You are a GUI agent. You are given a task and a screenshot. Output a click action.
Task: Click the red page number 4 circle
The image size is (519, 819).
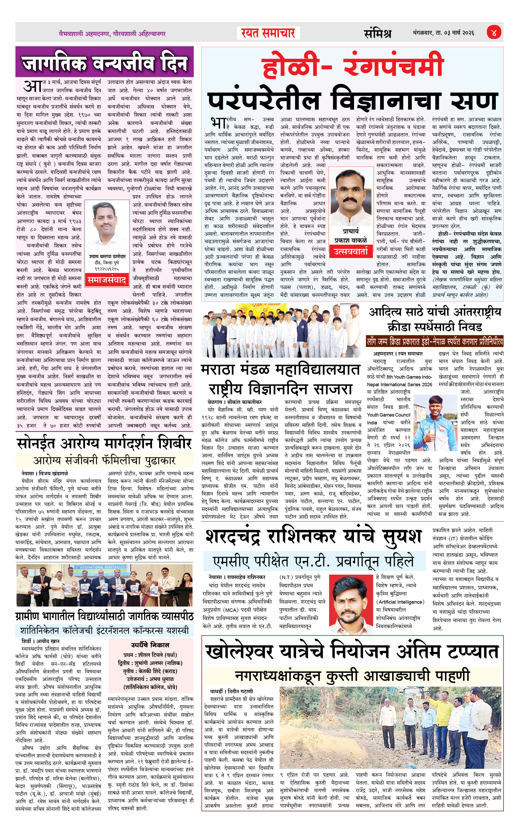pos(493,33)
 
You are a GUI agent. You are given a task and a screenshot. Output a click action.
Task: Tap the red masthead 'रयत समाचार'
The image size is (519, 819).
pos(268,33)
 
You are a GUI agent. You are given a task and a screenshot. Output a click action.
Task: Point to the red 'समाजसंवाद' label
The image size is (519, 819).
pos(107,280)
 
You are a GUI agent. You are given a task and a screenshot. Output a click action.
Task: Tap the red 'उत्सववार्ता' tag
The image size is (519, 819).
pos(351,251)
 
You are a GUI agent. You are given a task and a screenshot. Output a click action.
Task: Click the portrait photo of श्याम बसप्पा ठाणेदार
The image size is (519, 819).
pos(107,227)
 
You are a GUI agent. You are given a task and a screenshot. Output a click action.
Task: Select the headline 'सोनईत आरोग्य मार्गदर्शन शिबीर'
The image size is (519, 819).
pos(104,444)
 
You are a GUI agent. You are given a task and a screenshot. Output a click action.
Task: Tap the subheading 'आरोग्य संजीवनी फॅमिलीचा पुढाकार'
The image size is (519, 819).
pos(104,461)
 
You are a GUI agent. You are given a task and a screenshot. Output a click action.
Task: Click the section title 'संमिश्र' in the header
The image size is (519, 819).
pos(377,33)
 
